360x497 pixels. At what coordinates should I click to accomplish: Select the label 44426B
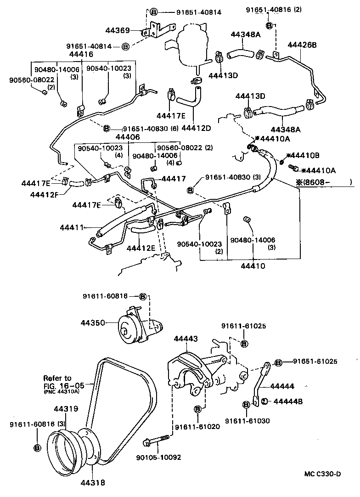[x=302, y=45]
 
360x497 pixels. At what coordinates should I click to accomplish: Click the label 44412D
[x=196, y=127]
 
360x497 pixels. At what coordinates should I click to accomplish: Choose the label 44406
[x=127, y=137]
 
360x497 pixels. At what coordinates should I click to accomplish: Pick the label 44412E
[x=141, y=248]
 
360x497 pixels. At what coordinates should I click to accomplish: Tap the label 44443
[x=186, y=339]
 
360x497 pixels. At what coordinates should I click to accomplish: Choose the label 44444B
[x=288, y=401]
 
